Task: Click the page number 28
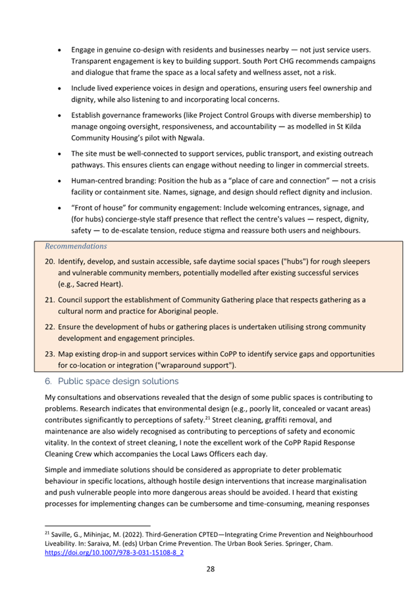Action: (211, 569)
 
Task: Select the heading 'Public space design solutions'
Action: (118, 380)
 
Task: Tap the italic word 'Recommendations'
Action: (76, 246)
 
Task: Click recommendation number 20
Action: (50, 262)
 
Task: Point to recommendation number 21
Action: (50, 300)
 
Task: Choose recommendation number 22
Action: (50, 327)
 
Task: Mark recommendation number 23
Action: (50, 354)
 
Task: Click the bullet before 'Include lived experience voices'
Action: (61, 88)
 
